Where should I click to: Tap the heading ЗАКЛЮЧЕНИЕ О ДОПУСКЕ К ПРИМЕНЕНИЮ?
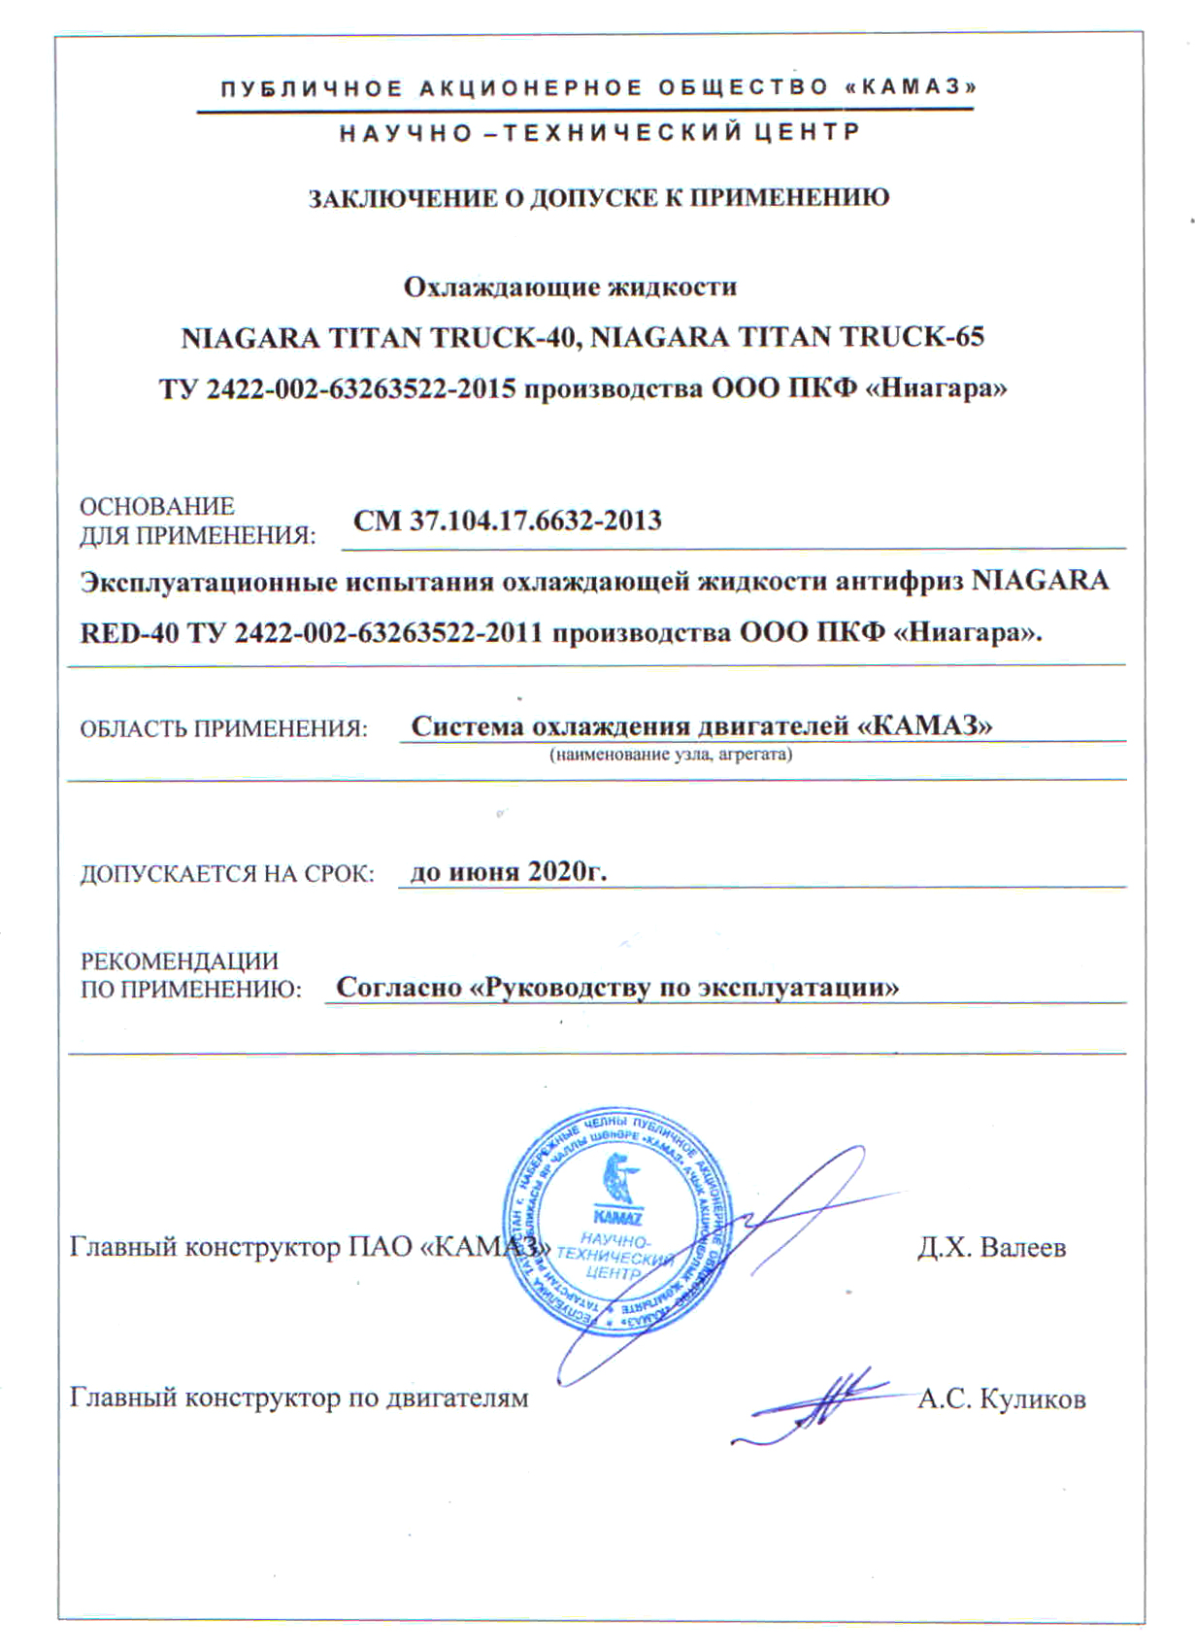(598, 198)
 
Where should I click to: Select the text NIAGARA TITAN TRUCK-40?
(381, 338)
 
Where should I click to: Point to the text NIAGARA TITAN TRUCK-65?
(787, 338)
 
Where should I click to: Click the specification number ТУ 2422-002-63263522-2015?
(337, 389)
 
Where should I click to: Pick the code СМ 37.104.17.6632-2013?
(507, 522)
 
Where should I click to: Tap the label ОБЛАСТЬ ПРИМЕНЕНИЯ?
(223, 728)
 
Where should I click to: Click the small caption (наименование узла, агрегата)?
(671, 755)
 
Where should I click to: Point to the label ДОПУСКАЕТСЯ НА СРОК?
(226, 874)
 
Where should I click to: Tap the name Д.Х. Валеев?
(991, 1247)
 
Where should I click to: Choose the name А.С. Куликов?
(1001, 1399)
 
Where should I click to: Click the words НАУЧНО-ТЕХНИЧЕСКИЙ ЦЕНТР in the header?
(599, 133)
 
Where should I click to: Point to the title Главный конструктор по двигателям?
(299, 1398)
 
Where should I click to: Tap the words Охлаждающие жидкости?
(570, 287)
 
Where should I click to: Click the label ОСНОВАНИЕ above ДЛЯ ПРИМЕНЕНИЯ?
(156, 506)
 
